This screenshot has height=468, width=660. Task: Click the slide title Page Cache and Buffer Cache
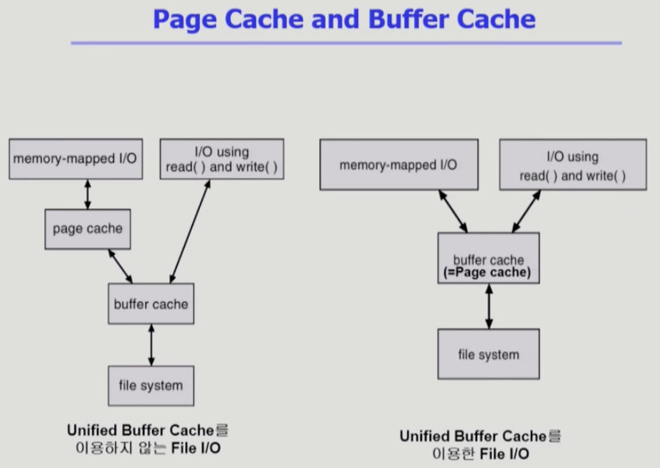pos(344,19)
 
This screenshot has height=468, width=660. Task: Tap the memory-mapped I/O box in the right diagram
pos(398,165)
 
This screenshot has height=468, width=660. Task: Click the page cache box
pos(88,229)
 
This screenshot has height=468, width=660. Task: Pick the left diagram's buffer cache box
pos(151,304)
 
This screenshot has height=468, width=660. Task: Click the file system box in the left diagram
pos(151,385)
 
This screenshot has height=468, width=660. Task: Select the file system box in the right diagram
pos(489,354)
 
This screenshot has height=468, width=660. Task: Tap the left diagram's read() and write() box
pos(222,159)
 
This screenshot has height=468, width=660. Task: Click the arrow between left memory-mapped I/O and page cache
pos(88,194)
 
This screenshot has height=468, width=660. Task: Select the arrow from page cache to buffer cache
pos(120,266)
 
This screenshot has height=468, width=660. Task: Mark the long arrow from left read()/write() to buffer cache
pos(190,231)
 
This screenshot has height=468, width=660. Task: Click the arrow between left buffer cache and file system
pos(151,345)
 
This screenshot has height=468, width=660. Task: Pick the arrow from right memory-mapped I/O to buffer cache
pos(453,211)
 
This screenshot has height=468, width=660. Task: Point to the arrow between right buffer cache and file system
pos(489,306)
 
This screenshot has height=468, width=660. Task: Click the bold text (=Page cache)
pos(489,273)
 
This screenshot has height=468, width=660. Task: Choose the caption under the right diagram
pos(481,444)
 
